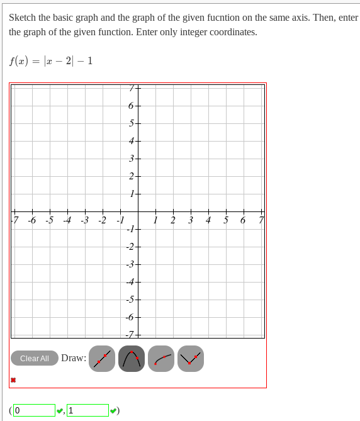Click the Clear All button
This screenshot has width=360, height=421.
pyautogui.click(x=35, y=358)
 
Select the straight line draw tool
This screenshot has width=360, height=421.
pyautogui.click(x=102, y=359)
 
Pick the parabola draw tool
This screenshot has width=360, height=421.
pyautogui.click(x=132, y=359)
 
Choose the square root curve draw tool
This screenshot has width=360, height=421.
pyautogui.click(x=161, y=359)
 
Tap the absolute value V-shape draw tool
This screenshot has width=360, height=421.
pyautogui.click(x=191, y=359)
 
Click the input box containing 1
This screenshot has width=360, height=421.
pyautogui.click(x=87, y=410)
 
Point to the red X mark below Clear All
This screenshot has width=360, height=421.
pyautogui.click(x=13, y=380)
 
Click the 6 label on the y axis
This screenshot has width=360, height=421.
pyautogui.click(x=130, y=106)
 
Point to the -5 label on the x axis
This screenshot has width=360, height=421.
pyautogui.click(x=49, y=220)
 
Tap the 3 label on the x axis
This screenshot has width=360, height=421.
pyautogui.click(x=190, y=220)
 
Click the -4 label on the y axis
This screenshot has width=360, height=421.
pyautogui.click(x=130, y=282)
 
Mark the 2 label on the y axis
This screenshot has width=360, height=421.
pyautogui.click(x=130, y=176)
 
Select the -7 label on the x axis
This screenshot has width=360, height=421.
pyautogui.click(x=14, y=220)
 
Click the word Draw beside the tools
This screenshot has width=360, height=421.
pyautogui.click(x=74, y=358)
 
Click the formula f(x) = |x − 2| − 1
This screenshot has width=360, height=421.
pyautogui.click(x=51, y=61)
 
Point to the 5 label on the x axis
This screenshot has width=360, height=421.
pyautogui.click(x=225, y=220)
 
